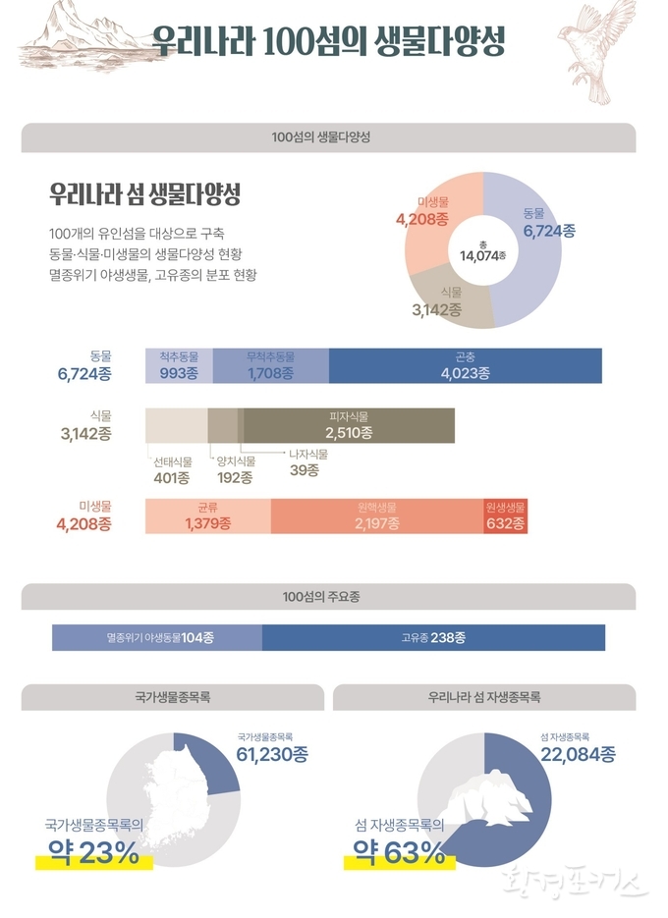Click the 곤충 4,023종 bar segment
point(465,365)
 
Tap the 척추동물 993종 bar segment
point(179,365)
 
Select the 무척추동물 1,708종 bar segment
point(271,365)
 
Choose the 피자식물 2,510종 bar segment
point(349,424)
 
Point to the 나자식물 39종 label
point(311,462)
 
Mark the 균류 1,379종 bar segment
point(207,516)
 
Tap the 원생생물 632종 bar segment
point(506,516)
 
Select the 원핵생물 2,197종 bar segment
point(376,516)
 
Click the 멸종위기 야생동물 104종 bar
point(157,637)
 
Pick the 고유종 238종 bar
point(433,637)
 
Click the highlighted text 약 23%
point(94,854)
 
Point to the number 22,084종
point(578,753)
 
